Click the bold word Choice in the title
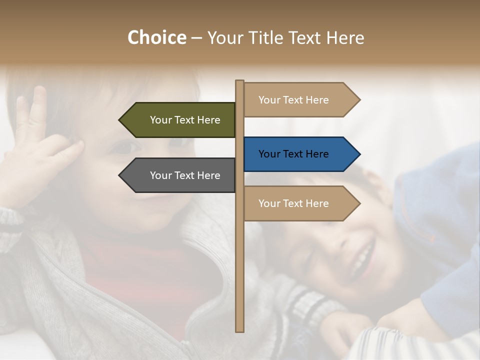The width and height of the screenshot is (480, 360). tap(156, 38)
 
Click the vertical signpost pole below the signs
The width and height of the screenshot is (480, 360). tap(240, 275)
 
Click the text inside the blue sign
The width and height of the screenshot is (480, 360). tap(293, 154)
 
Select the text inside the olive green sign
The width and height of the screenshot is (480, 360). tap(185, 120)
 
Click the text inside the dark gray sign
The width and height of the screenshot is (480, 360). tap(185, 175)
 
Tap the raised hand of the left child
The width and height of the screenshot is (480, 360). tap(37, 145)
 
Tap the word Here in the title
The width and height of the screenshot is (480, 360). tap(345, 38)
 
